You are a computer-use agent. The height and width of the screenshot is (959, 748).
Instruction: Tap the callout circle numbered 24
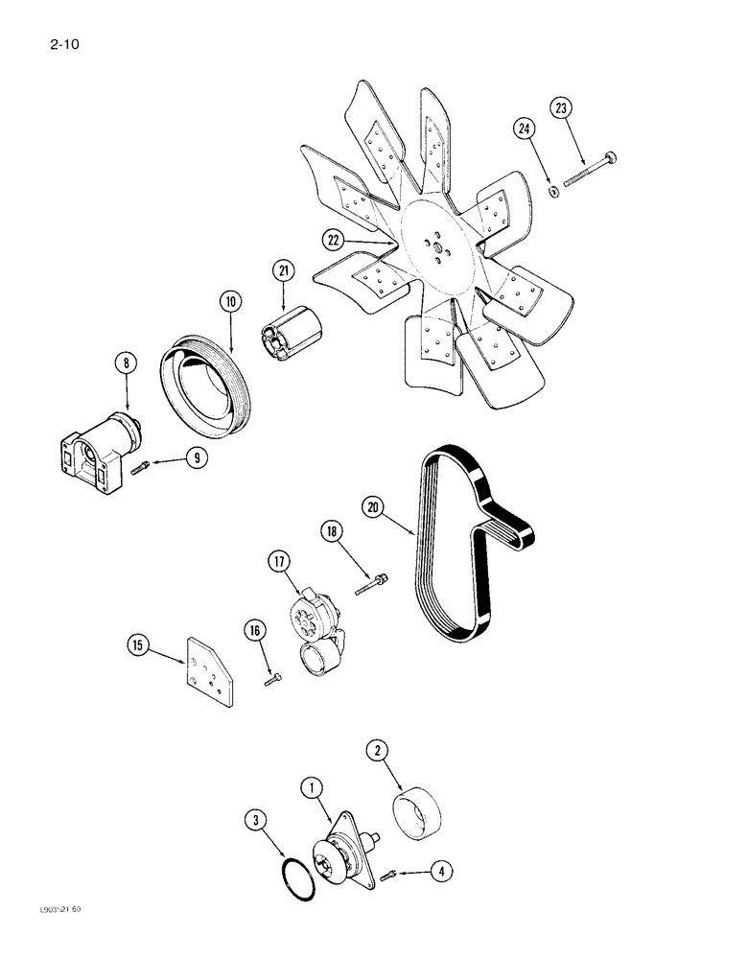coord(523,129)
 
